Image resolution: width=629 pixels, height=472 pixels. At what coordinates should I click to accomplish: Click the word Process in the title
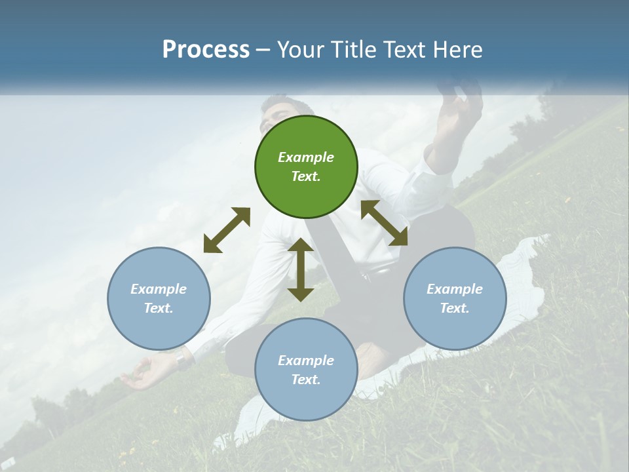tap(206, 50)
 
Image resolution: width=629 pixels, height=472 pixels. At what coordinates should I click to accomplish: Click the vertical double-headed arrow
tap(301, 269)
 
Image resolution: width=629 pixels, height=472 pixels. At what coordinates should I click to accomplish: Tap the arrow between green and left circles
tap(227, 230)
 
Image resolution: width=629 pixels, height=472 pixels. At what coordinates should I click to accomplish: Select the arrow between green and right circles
tap(384, 223)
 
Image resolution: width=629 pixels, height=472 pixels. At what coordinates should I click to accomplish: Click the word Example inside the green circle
tap(306, 157)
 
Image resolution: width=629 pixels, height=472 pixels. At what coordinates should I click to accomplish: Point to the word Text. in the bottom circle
tap(306, 380)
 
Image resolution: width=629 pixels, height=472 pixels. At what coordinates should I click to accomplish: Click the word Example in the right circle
tap(455, 289)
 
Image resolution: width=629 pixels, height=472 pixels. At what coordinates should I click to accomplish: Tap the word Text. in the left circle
tap(159, 308)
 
